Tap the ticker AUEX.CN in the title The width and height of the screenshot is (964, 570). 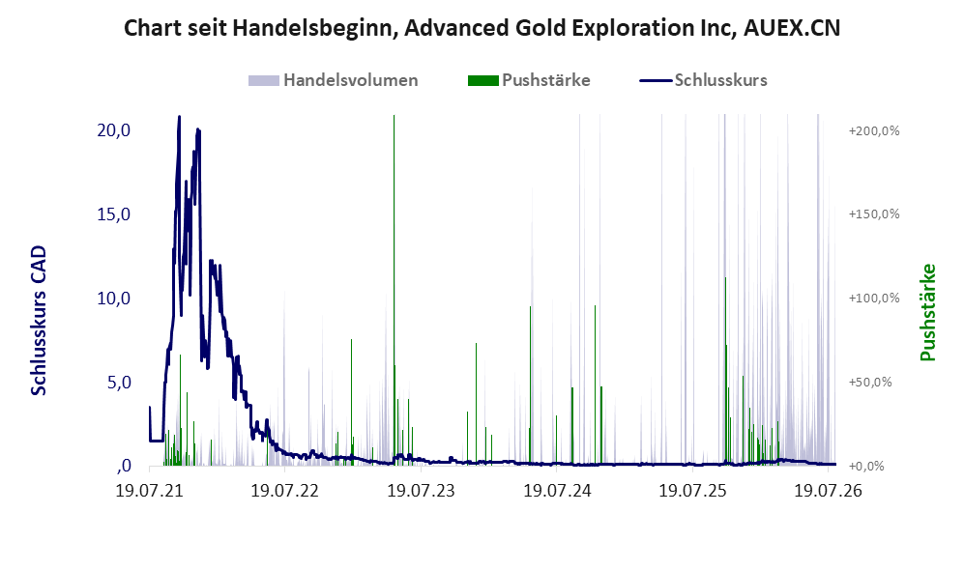[x=792, y=28]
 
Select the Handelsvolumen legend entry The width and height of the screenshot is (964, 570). [x=334, y=80]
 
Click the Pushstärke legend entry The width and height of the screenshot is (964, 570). [x=529, y=80]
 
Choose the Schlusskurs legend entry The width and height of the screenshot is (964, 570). [x=703, y=80]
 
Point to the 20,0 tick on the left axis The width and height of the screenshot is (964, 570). [x=114, y=130]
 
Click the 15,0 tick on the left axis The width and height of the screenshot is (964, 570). [x=114, y=214]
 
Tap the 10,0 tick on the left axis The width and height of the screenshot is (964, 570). [x=114, y=299]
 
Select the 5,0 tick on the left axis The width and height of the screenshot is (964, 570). [x=119, y=383]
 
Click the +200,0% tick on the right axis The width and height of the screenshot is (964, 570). [x=874, y=130]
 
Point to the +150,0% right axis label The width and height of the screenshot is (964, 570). [x=874, y=214]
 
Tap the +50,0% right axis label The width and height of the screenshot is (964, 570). [x=870, y=382]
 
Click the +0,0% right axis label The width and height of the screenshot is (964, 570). [x=867, y=467]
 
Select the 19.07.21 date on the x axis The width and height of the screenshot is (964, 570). [x=150, y=491]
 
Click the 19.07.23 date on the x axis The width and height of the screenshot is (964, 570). [x=422, y=491]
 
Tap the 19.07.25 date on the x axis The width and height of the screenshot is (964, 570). [x=692, y=491]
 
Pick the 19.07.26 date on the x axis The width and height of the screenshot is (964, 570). [x=828, y=491]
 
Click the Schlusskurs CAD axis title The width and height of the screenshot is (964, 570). [x=39, y=321]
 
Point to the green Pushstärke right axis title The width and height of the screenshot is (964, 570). [x=927, y=313]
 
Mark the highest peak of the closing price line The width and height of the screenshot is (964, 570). [x=179, y=116]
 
